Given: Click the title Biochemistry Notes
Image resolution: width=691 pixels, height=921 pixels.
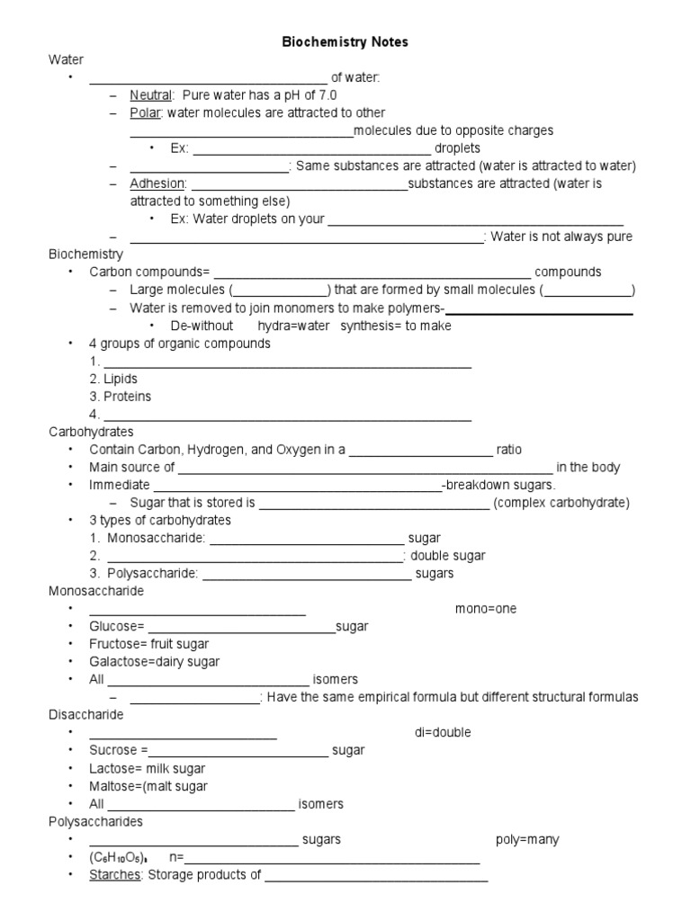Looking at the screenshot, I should [345, 42].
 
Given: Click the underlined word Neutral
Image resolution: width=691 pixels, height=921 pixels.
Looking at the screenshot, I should [151, 95].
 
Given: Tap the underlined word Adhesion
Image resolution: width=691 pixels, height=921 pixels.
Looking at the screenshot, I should [157, 183].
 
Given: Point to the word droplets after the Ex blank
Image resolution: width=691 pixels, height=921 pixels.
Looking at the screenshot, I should [457, 148].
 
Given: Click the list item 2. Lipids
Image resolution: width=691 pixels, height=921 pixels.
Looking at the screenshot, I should [113, 379].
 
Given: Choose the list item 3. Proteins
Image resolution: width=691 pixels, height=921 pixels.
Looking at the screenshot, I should [120, 397].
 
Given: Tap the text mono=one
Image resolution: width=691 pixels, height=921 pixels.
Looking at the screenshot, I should [486, 609].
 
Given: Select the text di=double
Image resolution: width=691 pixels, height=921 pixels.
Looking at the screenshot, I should [443, 732].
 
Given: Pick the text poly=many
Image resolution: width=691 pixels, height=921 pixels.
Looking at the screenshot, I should [527, 839].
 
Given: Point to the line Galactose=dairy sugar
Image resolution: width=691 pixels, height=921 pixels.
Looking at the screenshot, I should [154, 662].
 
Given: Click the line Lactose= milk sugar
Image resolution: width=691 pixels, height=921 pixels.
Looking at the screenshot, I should [147, 768].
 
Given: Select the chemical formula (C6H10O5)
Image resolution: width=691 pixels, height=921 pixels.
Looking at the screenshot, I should [119, 857].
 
